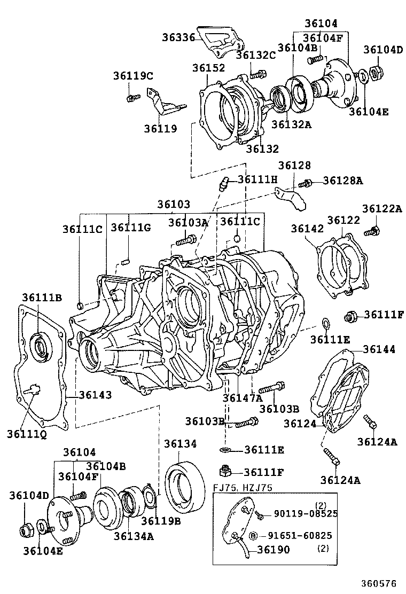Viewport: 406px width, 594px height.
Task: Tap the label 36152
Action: pyautogui.click(x=209, y=68)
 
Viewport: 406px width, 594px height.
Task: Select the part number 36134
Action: pyautogui.click(x=180, y=443)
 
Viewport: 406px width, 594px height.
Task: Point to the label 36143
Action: pyautogui.click(x=96, y=395)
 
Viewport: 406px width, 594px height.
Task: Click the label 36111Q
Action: pyautogui.click(x=27, y=434)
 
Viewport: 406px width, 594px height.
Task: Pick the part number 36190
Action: pyautogui.click(x=274, y=549)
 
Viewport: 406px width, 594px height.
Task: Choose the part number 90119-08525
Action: pyautogui.click(x=306, y=513)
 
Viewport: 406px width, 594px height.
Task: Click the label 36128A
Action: pyautogui.click(x=343, y=181)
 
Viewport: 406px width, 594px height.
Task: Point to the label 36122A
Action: pyautogui.click(x=382, y=209)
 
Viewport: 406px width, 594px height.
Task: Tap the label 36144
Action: pyautogui.click(x=379, y=349)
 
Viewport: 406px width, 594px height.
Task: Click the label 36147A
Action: pyautogui.click(x=243, y=397)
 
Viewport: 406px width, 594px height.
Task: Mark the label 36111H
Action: pyautogui.click(x=258, y=179)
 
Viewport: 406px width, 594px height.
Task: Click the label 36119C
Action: pyautogui.click(x=133, y=76)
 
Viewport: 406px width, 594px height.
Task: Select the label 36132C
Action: pyautogui.click(x=255, y=55)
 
